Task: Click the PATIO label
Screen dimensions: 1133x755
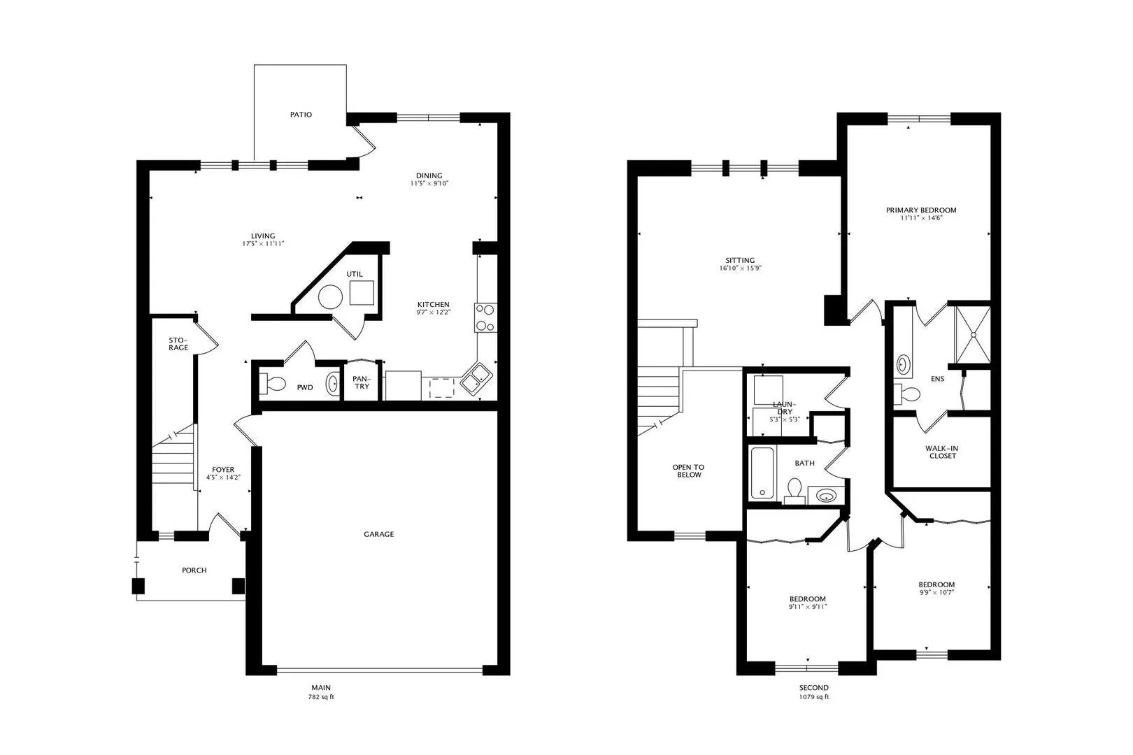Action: [x=301, y=115]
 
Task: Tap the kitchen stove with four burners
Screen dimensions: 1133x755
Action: [x=485, y=317]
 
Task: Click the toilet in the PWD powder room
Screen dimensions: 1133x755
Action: [x=273, y=384]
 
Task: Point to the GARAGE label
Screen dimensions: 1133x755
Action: [x=379, y=534]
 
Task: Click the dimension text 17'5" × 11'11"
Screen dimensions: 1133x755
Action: [x=263, y=244]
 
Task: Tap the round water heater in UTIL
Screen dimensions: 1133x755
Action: [x=330, y=297]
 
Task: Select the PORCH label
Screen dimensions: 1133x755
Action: [x=194, y=570]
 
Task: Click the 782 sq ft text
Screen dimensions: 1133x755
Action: [x=321, y=697]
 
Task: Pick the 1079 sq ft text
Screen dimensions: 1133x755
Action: [x=814, y=697]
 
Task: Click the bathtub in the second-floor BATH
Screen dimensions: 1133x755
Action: [x=762, y=473]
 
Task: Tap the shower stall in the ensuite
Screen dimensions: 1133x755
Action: [x=972, y=335]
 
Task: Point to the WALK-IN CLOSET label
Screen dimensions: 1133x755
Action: [x=942, y=452]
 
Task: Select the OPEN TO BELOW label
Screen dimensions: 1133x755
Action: [x=688, y=470]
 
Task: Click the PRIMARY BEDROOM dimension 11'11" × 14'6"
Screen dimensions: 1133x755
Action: [x=921, y=218]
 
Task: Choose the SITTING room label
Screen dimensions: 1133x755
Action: [x=740, y=261]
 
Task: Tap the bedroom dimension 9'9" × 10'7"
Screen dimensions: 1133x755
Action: [x=936, y=593]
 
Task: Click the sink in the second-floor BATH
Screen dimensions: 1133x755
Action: [x=826, y=496]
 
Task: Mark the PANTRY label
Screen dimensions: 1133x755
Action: [x=362, y=382]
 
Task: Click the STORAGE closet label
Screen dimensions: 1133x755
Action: [x=178, y=344]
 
